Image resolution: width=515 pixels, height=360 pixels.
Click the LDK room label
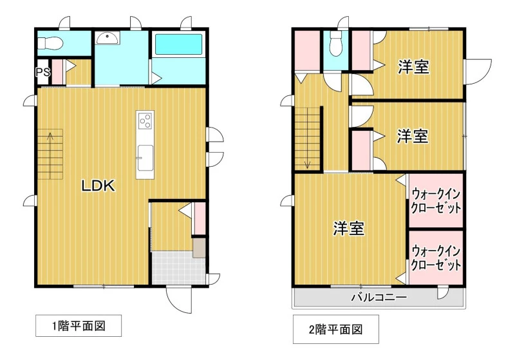(98, 186)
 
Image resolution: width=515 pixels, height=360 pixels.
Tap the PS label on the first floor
(42, 71)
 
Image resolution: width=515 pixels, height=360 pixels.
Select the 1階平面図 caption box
(79, 326)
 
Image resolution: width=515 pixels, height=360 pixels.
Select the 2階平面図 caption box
(335, 329)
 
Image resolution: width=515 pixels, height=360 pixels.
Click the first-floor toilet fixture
(50, 43)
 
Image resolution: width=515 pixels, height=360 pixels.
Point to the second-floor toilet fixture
(335, 44)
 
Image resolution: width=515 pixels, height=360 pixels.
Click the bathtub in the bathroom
(178, 44)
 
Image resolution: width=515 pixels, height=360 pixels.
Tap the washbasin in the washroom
(108, 38)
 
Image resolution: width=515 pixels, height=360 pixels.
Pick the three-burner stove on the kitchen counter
(145, 120)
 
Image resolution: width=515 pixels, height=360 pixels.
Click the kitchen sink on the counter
(145, 158)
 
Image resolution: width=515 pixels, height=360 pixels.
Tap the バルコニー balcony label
(379, 298)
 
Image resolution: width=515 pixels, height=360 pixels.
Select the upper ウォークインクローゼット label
(436, 200)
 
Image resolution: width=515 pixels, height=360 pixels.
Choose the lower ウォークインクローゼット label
(436, 258)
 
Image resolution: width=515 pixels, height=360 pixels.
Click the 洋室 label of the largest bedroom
(349, 228)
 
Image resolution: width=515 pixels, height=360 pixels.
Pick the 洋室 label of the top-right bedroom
(413, 67)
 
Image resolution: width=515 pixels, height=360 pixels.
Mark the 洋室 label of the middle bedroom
(413, 136)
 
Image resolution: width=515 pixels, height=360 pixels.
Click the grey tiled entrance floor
(178, 268)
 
